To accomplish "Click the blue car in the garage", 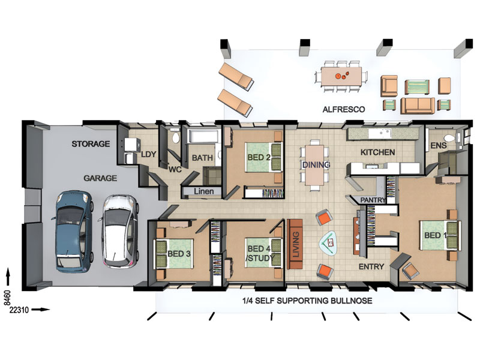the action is pyautogui.click(x=73, y=232).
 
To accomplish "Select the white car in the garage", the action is pyautogui.click(x=119, y=232).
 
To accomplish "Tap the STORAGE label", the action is pyautogui.click(x=91, y=143).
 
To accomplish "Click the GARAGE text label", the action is pyautogui.click(x=100, y=178).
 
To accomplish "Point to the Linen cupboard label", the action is pyautogui.click(x=203, y=191).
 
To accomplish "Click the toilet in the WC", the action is pyautogui.click(x=176, y=137).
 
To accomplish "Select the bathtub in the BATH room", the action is pyautogui.click(x=203, y=136).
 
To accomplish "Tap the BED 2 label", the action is pyautogui.click(x=259, y=157).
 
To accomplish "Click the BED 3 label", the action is pyautogui.click(x=179, y=253).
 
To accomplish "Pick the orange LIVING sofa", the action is pyautogui.click(x=295, y=244).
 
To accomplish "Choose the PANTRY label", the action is pyautogui.click(x=373, y=200).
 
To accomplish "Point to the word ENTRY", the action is pyautogui.click(x=371, y=266).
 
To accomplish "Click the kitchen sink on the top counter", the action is pyautogui.click(x=380, y=133).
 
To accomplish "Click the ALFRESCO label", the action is pyautogui.click(x=343, y=109).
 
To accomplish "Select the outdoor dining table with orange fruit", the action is pyautogui.click(x=341, y=77).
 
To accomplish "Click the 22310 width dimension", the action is pyautogui.click(x=19, y=310).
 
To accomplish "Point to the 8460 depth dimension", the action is pyautogui.click(x=7, y=298).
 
